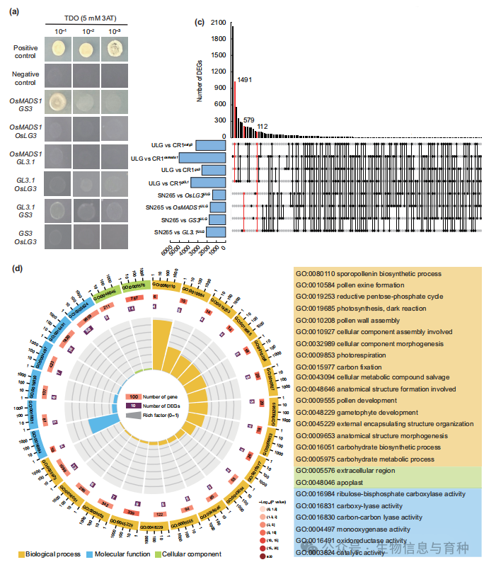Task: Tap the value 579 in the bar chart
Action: (x=248, y=120)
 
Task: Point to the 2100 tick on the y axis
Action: (x=218, y=22)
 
